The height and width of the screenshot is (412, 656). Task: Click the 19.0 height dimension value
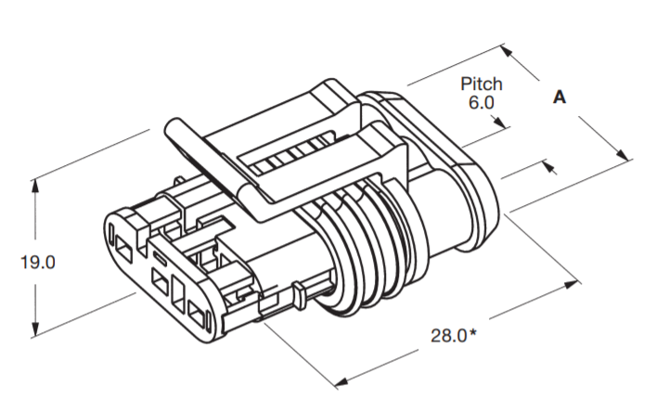tap(38, 263)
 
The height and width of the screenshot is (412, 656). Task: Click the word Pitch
tap(482, 84)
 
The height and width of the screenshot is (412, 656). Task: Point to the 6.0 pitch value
tap(482, 103)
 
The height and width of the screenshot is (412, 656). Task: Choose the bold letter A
tap(559, 97)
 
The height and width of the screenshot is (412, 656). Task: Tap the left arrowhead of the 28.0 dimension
tap(341, 380)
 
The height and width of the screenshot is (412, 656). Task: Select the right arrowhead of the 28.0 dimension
tap(573, 277)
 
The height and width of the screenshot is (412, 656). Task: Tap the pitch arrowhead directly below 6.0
tap(502, 122)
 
